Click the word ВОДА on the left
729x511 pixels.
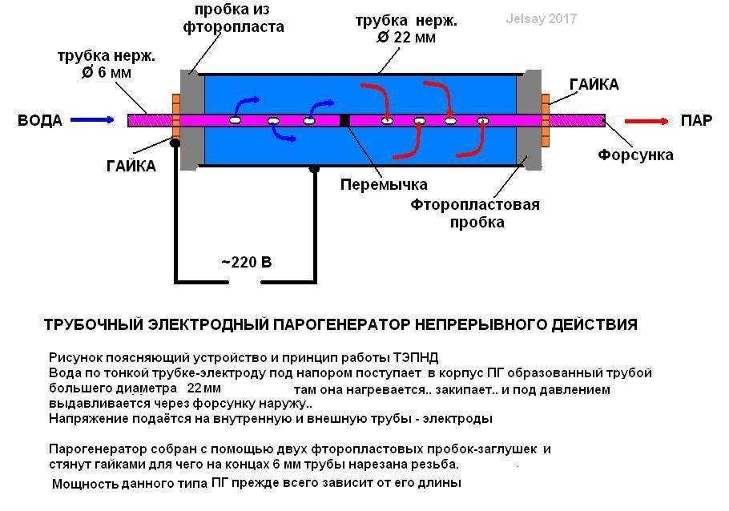[x=40, y=120]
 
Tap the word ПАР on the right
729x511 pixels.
[x=696, y=120]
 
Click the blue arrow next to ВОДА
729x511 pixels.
[x=92, y=120]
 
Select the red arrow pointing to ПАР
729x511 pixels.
[x=646, y=122]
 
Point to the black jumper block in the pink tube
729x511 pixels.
[x=344, y=120]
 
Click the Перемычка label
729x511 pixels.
[x=384, y=184]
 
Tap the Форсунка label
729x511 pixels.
[x=635, y=155]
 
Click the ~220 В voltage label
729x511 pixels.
[x=246, y=262]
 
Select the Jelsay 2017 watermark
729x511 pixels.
[x=542, y=18]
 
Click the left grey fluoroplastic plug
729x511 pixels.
[x=192, y=120]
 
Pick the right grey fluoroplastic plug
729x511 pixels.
[x=529, y=120]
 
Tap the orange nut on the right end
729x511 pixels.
[x=546, y=120]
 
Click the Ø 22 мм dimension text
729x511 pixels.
[x=406, y=37]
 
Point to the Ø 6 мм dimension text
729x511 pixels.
[x=106, y=73]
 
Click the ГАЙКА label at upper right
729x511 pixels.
[x=594, y=84]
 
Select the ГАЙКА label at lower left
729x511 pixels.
[x=131, y=166]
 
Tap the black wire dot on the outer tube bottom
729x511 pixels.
[x=314, y=168]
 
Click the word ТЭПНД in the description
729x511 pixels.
[x=416, y=358]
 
